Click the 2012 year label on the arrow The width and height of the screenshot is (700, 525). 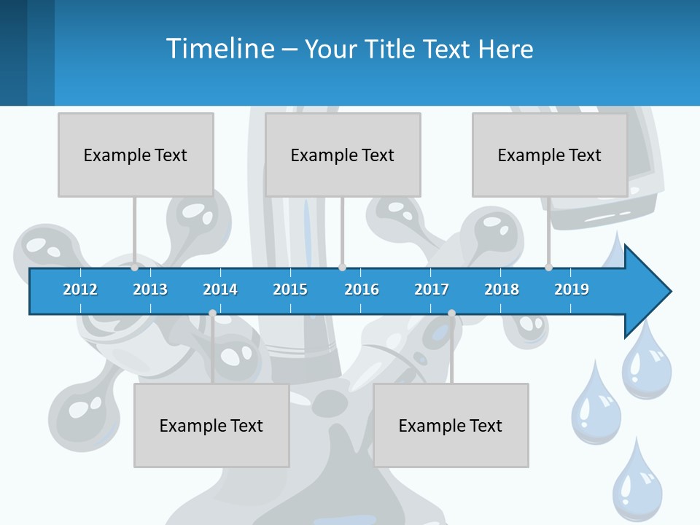80,289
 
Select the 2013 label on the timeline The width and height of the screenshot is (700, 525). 150,289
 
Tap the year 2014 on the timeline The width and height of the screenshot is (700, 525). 220,289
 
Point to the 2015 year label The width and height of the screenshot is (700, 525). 290,289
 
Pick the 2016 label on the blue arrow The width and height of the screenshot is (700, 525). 362,289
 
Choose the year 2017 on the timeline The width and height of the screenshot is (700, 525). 432,289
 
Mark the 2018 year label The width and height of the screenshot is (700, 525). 502,289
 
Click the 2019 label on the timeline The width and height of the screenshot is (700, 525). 572,289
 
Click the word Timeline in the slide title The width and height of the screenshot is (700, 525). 219,49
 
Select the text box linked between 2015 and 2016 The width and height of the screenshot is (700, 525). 343,155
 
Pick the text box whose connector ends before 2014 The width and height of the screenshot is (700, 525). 211,425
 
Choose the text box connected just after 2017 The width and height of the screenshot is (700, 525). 451,425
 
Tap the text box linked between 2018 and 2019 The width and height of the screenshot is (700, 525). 550,155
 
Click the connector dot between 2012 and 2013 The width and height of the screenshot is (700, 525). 134,268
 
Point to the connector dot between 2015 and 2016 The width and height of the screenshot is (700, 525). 342,268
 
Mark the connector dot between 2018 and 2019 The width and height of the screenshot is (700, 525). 548,268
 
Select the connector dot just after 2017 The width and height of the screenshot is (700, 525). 451,314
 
